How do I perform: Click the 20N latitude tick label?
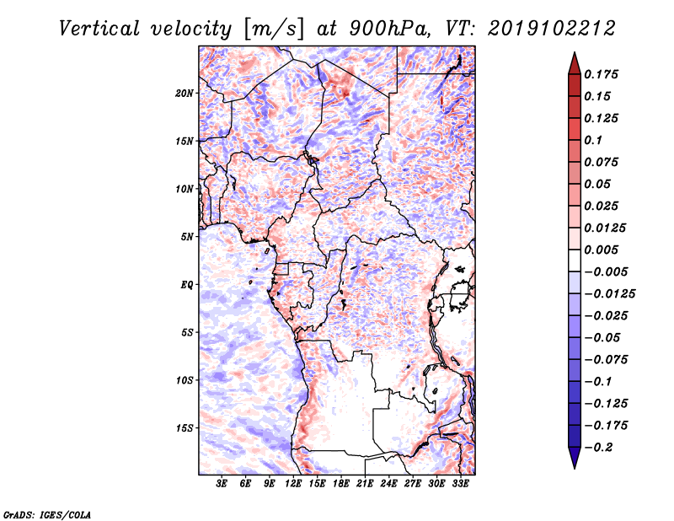[185, 93]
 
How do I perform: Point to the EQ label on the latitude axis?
[186, 284]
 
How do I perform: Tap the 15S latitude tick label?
[185, 427]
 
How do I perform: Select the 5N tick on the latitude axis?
[187, 236]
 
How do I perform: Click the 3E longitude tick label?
[222, 484]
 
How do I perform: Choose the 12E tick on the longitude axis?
[294, 484]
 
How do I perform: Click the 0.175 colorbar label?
[602, 74]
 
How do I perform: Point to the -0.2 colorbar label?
[599, 447]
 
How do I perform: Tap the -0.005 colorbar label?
[605, 271]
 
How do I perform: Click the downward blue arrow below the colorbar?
[574, 459]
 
